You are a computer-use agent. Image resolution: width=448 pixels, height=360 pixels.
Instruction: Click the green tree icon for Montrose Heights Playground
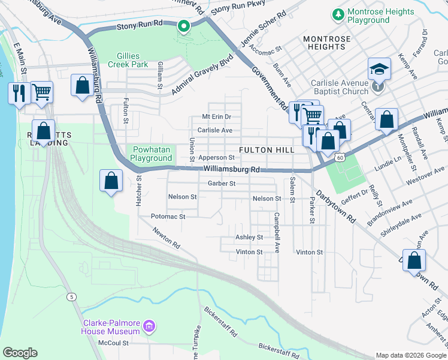(x=339, y=13)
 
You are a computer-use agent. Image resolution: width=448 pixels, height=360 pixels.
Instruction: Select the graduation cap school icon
(x=380, y=70)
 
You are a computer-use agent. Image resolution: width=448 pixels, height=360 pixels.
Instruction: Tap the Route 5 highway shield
(x=72, y=296)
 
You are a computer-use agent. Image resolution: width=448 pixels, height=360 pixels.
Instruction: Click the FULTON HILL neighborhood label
(x=267, y=149)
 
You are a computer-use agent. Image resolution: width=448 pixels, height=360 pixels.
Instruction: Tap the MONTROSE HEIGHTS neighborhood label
(x=326, y=43)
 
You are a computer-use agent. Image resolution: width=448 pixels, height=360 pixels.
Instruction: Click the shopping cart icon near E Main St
(x=42, y=92)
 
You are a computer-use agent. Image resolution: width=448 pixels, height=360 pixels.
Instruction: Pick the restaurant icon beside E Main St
(x=18, y=93)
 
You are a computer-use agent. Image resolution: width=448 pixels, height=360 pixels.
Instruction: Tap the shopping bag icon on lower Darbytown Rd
(x=414, y=260)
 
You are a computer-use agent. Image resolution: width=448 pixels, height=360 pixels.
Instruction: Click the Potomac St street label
(x=168, y=216)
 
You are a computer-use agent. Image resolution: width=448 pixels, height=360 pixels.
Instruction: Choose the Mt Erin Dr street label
(x=216, y=116)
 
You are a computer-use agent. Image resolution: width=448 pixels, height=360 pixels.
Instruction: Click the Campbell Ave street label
(x=277, y=232)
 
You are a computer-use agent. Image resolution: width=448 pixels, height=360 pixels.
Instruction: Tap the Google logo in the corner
(x=20, y=353)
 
